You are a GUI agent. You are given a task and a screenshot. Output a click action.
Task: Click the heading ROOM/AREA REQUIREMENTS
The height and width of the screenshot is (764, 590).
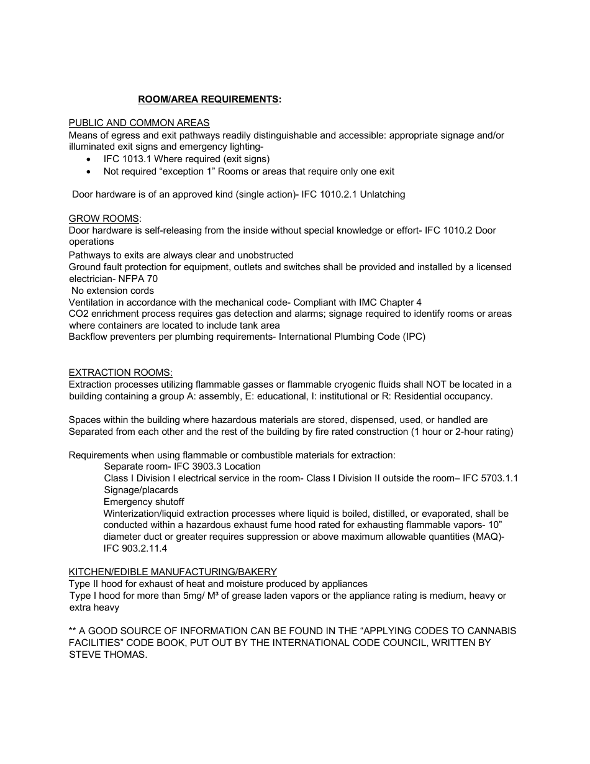[209, 99]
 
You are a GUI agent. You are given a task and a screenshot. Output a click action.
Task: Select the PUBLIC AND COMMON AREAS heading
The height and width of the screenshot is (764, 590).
[139, 123]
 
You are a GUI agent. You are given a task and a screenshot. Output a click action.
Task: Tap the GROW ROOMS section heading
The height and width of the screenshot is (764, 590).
[104, 219]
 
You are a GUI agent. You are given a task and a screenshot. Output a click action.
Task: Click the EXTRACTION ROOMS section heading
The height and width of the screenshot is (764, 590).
[120, 373]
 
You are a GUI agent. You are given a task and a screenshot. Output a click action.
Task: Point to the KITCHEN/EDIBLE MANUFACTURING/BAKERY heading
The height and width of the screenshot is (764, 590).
[173, 572]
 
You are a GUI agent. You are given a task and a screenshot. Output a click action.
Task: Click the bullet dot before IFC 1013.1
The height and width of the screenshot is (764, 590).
[91, 160]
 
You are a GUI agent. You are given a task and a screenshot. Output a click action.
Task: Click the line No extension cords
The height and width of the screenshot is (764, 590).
[112, 291]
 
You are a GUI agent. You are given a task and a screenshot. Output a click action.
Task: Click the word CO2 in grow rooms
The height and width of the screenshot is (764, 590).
[78, 314]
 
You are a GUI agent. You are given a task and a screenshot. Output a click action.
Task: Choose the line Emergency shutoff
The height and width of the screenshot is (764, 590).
[143, 502]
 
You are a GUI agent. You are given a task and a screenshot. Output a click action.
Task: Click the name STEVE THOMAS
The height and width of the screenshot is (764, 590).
[108, 655]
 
